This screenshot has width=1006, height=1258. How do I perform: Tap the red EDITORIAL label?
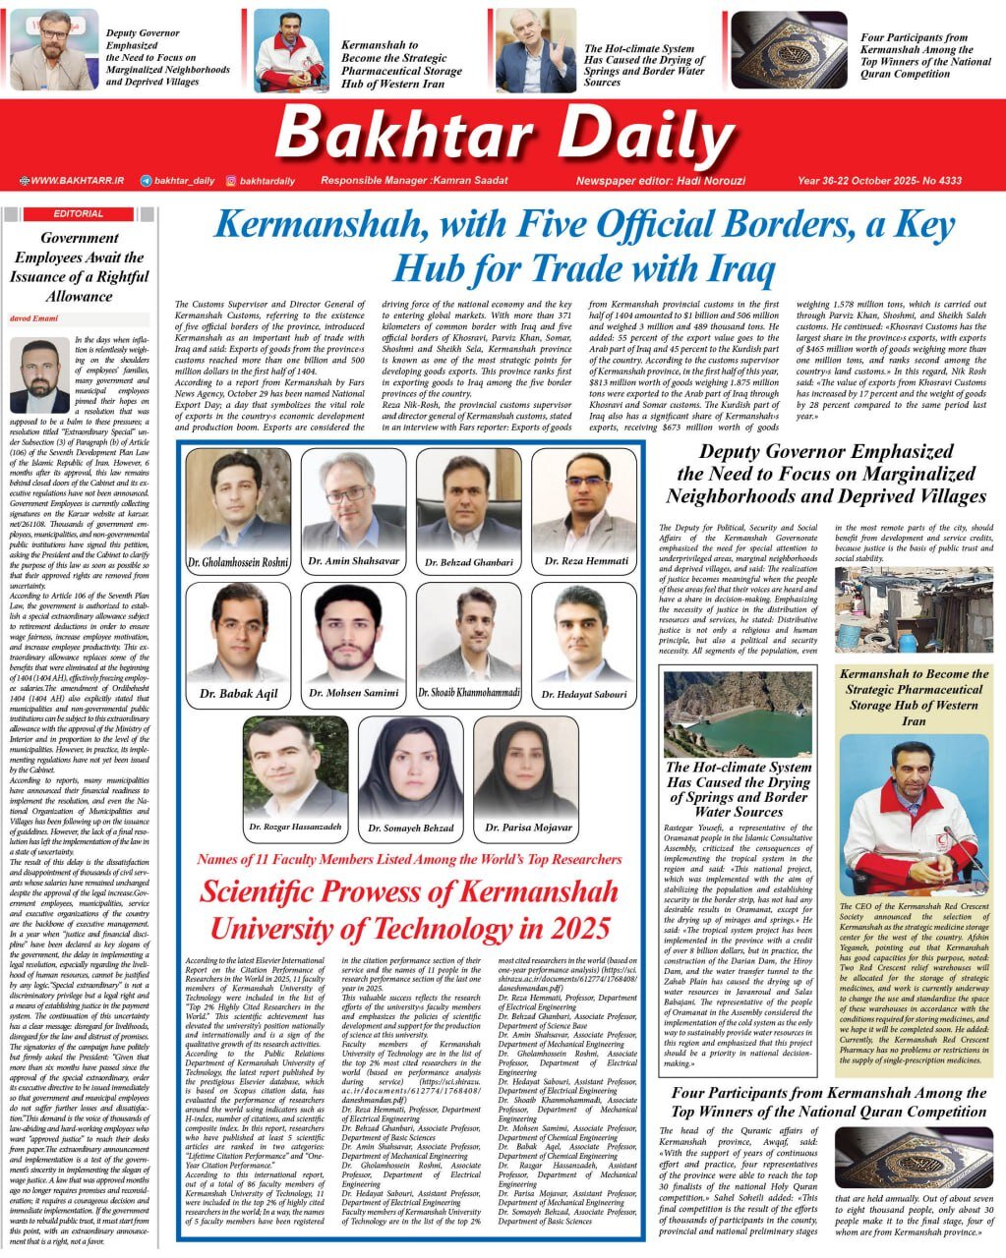coord(78,213)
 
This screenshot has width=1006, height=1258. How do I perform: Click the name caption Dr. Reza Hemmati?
coord(584,561)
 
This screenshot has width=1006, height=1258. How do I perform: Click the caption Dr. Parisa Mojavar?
coord(527,828)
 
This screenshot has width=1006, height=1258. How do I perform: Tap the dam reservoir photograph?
coord(738,714)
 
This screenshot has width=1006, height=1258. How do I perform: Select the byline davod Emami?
coord(34,319)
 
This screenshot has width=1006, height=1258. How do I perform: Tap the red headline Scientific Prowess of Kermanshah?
coord(408,910)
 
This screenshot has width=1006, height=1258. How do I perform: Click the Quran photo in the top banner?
coord(789,50)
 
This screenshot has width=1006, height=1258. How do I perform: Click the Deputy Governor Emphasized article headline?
coord(825,473)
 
